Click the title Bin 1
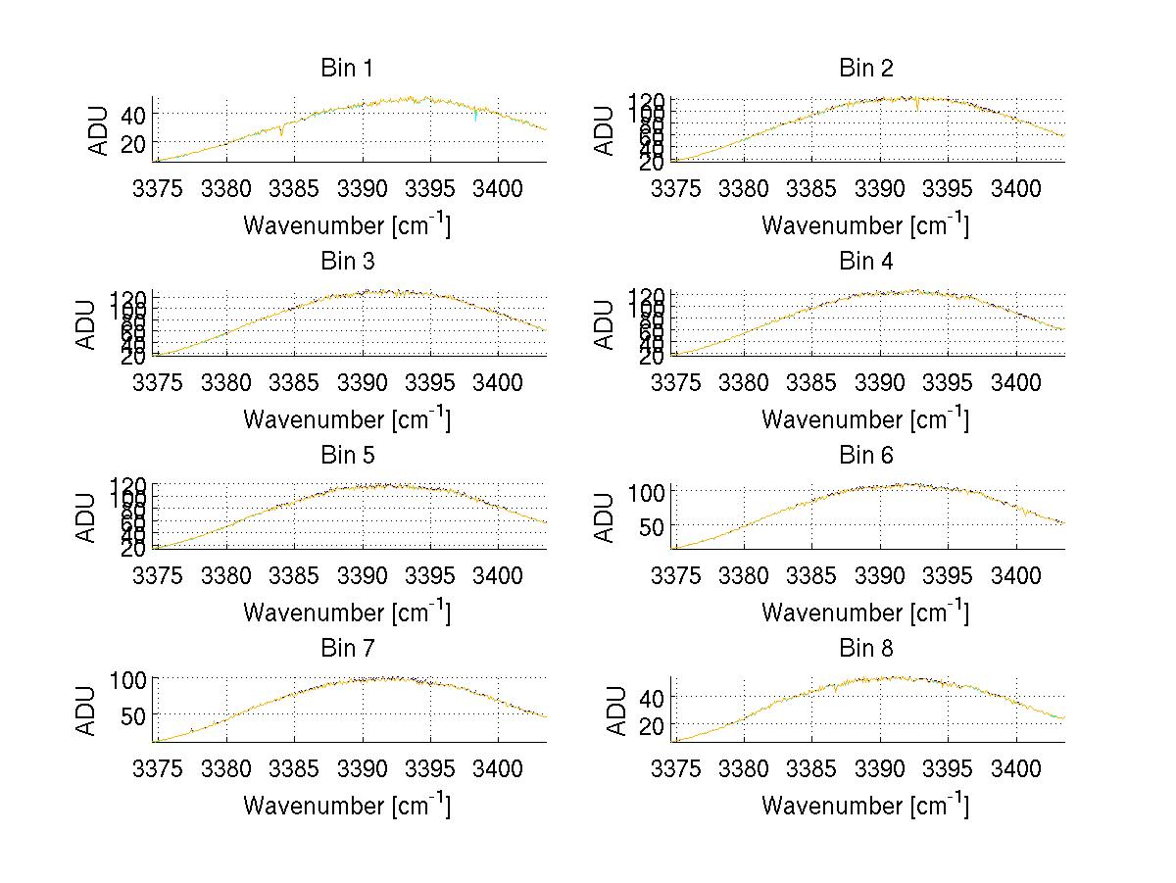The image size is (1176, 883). (x=347, y=69)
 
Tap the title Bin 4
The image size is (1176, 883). (x=865, y=262)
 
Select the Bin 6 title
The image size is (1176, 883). (x=865, y=455)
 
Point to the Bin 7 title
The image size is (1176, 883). (x=347, y=648)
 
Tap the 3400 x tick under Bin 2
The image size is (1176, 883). (x=1015, y=188)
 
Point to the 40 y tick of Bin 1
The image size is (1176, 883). (x=133, y=115)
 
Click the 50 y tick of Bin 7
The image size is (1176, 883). (x=133, y=714)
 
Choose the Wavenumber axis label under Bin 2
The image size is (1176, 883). (x=865, y=225)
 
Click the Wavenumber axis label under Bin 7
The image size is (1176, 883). (x=347, y=806)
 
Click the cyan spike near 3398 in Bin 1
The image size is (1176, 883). (x=475, y=119)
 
